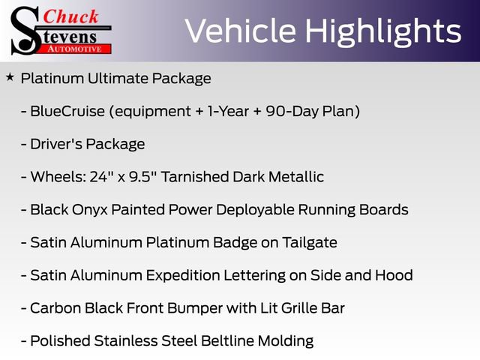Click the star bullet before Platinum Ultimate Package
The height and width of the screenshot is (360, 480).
(10, 76)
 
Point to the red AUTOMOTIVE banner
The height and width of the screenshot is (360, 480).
(75, 49)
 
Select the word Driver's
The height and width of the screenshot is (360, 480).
(56, 144)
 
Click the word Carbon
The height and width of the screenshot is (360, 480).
(55, 308)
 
